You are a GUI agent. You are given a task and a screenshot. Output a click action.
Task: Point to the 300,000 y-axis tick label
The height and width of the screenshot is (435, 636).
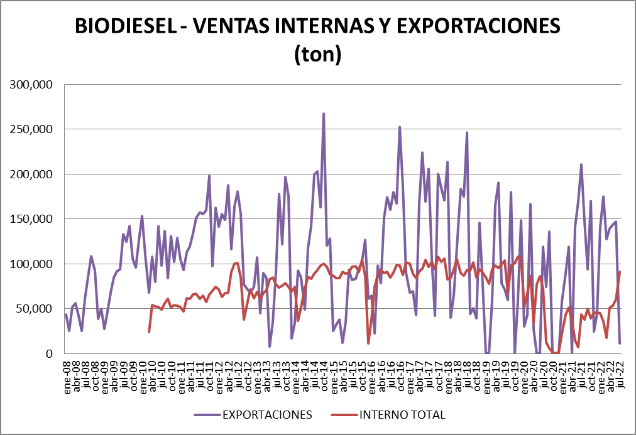[x=35, y=84]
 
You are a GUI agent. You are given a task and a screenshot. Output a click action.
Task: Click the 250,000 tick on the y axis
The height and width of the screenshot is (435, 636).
[x=35, y=129]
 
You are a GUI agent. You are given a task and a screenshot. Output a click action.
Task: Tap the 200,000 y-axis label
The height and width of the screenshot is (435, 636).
[x=35, y=174]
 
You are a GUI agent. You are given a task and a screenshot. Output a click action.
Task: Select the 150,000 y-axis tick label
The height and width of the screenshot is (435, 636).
[x=35, y=219]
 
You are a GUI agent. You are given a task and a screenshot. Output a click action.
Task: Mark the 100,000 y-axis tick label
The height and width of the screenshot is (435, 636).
[x=35, y=264]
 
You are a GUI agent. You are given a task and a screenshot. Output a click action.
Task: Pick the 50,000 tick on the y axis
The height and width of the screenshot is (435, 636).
[x=37, y=309]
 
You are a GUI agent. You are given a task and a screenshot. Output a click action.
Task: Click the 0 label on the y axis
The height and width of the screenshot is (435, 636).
[x=52, y=353]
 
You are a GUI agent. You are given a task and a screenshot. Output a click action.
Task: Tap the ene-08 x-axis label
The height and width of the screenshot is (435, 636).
[x=67, y=374]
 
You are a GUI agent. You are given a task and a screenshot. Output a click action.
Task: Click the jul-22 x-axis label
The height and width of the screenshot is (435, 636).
[x=620, y=374]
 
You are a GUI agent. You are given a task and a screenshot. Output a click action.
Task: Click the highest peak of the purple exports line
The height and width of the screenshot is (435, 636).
[x=324, y=114]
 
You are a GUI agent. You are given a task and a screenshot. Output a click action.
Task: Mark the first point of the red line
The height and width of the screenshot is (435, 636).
[x=149, y=332]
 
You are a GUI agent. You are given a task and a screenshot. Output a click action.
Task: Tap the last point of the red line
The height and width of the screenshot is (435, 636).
[x=620, y=272]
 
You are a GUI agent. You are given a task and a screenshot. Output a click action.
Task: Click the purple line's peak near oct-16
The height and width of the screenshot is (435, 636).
[x=400, y=127]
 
